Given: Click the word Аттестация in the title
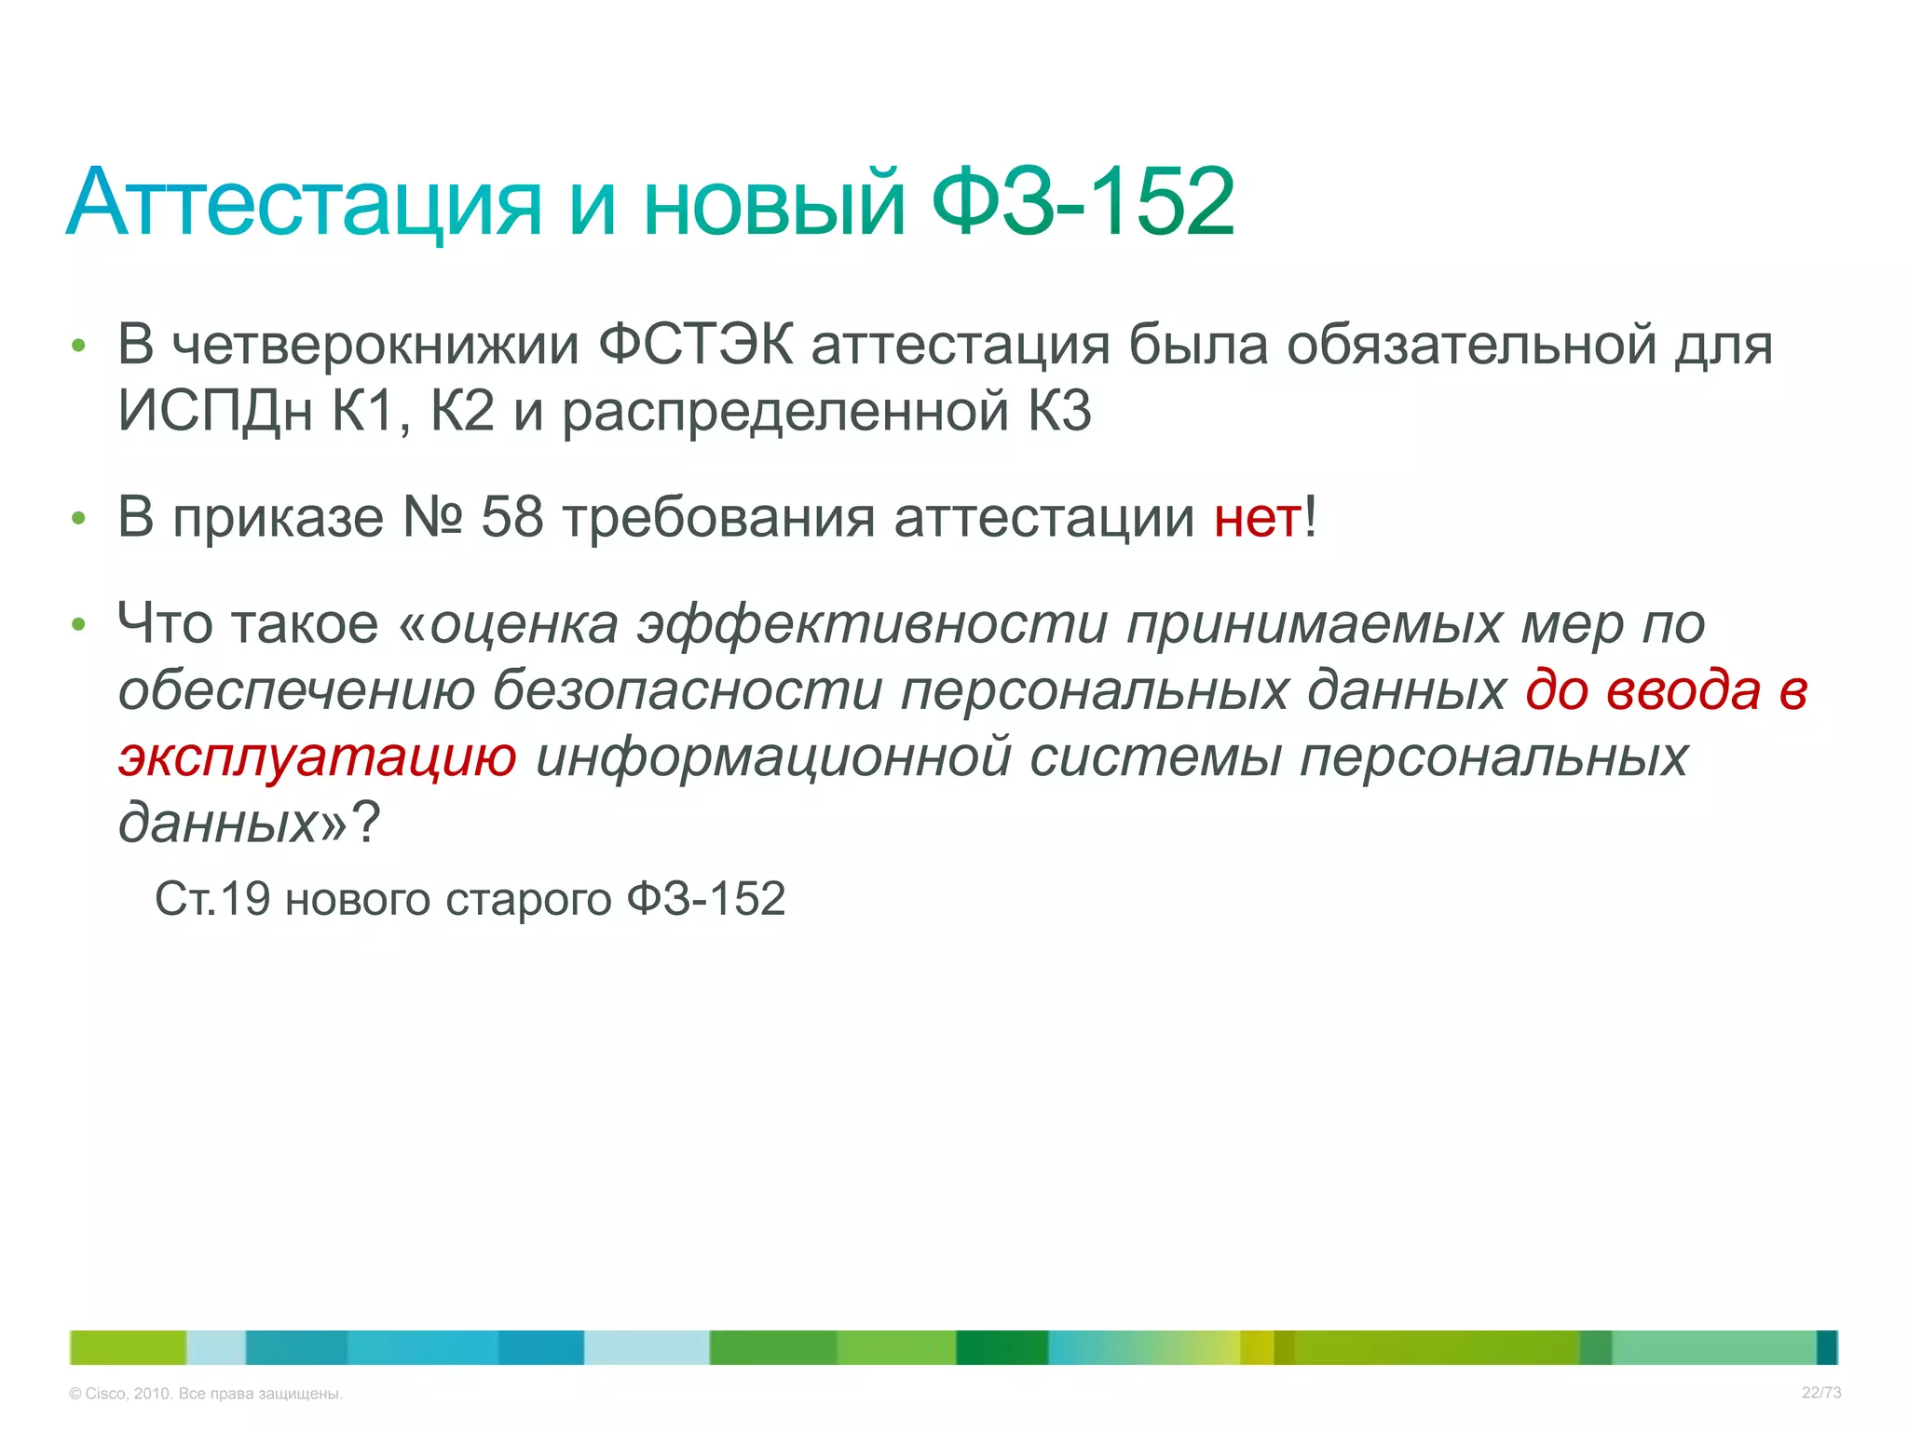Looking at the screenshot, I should pos(304,202).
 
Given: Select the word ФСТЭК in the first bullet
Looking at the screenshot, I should pos(695,345).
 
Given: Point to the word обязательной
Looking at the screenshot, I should pos(1471,345).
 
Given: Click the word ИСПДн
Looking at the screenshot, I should pos(215,411).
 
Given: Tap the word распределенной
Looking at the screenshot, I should pos(785,413).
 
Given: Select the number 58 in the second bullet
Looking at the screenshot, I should pos(511,517).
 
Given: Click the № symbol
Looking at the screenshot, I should pos(432,517).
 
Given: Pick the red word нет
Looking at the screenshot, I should pos(1257,519).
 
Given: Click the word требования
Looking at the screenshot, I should pos(719,519).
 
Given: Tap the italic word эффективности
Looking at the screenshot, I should pos(873,625).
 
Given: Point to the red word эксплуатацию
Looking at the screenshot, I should pos(318,757).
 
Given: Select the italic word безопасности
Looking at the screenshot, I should pos(687,691).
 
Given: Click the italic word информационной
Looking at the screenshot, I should pos(773,757).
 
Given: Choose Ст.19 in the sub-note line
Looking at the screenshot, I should pos(212,899).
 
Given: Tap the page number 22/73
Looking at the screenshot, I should pos(1821,1393).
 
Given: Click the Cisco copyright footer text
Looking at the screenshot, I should pos(206,1394).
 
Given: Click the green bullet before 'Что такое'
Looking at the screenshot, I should pos(79,624).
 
